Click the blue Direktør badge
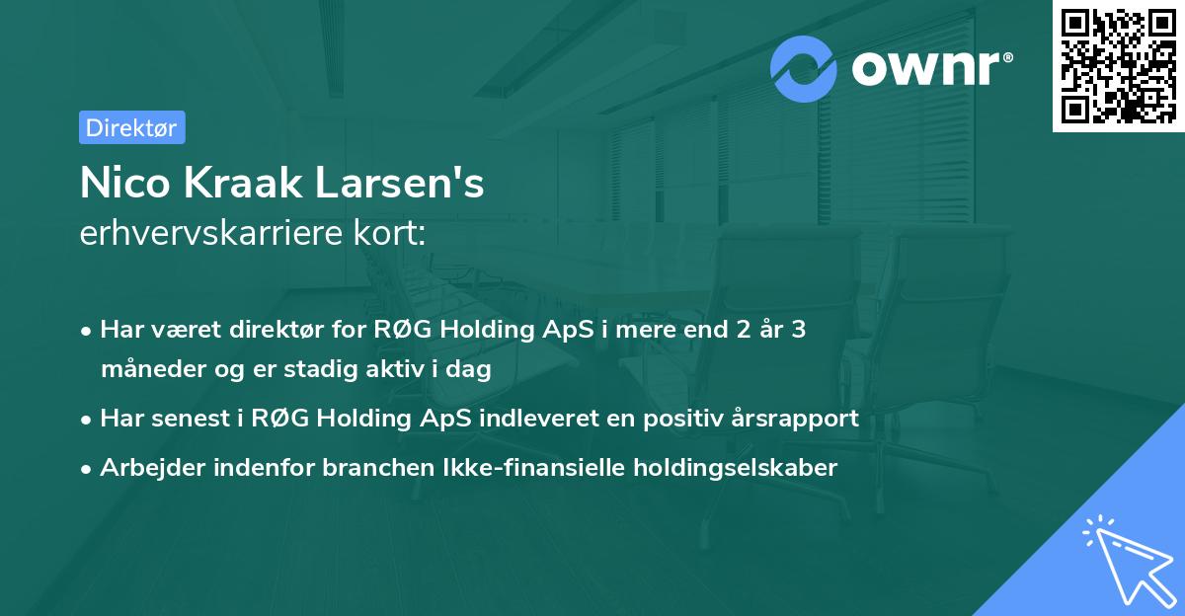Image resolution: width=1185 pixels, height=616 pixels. click(x=131, y=127)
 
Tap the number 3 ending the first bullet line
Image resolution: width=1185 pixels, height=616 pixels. click(x=798, y=329)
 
